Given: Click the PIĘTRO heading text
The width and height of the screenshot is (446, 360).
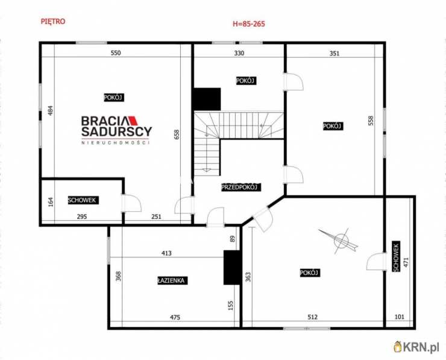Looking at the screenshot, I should click(x=52, y=21).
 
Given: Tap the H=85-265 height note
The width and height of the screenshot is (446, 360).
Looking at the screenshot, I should click(x=249, y=25).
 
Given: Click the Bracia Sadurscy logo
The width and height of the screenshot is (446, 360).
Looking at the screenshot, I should click(x=116, y=129).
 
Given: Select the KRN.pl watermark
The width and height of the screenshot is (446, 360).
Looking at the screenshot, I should click(x=416, y=346).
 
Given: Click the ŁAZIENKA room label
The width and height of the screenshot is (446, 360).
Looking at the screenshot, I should click(x=171, y=280).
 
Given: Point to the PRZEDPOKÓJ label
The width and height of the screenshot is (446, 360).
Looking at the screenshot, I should click(x=240, y=187).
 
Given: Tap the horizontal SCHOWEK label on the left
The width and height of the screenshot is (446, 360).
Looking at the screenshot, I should click(x=83, y=200).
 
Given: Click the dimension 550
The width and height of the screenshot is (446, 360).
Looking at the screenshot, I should click(x=116, y=53).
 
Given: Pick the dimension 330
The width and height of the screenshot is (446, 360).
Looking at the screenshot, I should click(x=239, y=53).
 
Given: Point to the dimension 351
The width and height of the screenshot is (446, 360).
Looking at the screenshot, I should click(x=334, y=53).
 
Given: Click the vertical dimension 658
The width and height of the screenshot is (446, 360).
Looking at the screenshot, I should click(x=177, y=134).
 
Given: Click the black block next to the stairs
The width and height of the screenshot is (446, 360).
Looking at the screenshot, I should click(x=207, y=99).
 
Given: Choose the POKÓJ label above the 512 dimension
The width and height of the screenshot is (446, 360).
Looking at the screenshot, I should click(x=309, y=273).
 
